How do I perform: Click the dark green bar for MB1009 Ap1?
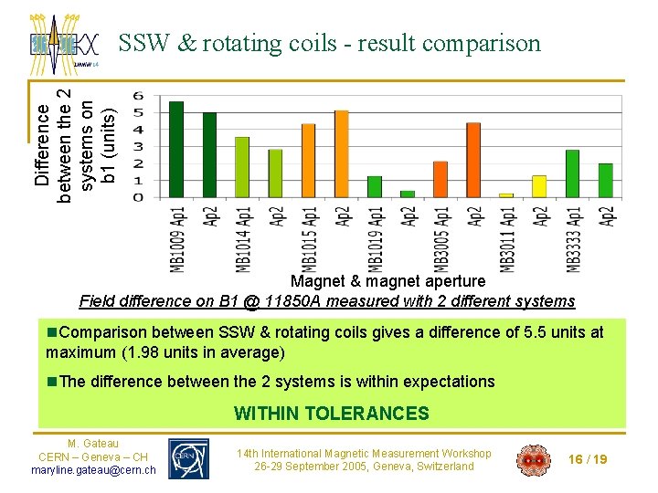pos(176,150)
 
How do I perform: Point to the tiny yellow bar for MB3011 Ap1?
pos(506,195)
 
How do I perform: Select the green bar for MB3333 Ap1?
pos(573,173)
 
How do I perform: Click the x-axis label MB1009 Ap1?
pos(176,237)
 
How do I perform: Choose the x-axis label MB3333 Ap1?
pos(573,237)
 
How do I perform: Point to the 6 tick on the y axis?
pos(138,96)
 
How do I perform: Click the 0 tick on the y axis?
pos(138,197)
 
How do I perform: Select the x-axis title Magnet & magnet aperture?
pos(387,281)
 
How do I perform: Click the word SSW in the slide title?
pos(143,44)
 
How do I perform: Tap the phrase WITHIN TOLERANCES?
pos(331,414)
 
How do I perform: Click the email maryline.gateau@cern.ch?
pos(92,470)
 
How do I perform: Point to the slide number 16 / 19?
pos(587,459)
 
